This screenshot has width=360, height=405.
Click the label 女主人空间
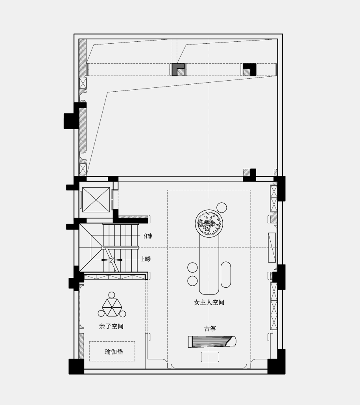[x=209, y=303]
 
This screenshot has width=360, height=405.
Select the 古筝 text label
[x=210, y=329]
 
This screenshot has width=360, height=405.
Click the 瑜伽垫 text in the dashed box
[x=114, y=352]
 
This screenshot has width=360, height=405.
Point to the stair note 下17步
[x=147, y=236]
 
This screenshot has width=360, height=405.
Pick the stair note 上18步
[x=146, y=259]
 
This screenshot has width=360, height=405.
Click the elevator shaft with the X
[x=96, y=200]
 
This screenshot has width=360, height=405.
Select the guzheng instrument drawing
[x=212, y=342]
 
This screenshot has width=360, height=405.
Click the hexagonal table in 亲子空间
[x=112, y=307]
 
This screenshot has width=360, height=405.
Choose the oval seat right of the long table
[x=226, y=274]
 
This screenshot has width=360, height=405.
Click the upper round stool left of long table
[x=192, y=268]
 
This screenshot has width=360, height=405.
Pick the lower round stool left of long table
[x=192, y=281]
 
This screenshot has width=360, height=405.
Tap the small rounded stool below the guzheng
[x=210, y=357]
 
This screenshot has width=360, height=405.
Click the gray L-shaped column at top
[x=177, y=69]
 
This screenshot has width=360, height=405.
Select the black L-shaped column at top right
[x=249, y=69]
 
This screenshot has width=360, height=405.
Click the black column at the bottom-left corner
[x=76, y=366]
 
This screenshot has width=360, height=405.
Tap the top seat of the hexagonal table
[x=112, y=295]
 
